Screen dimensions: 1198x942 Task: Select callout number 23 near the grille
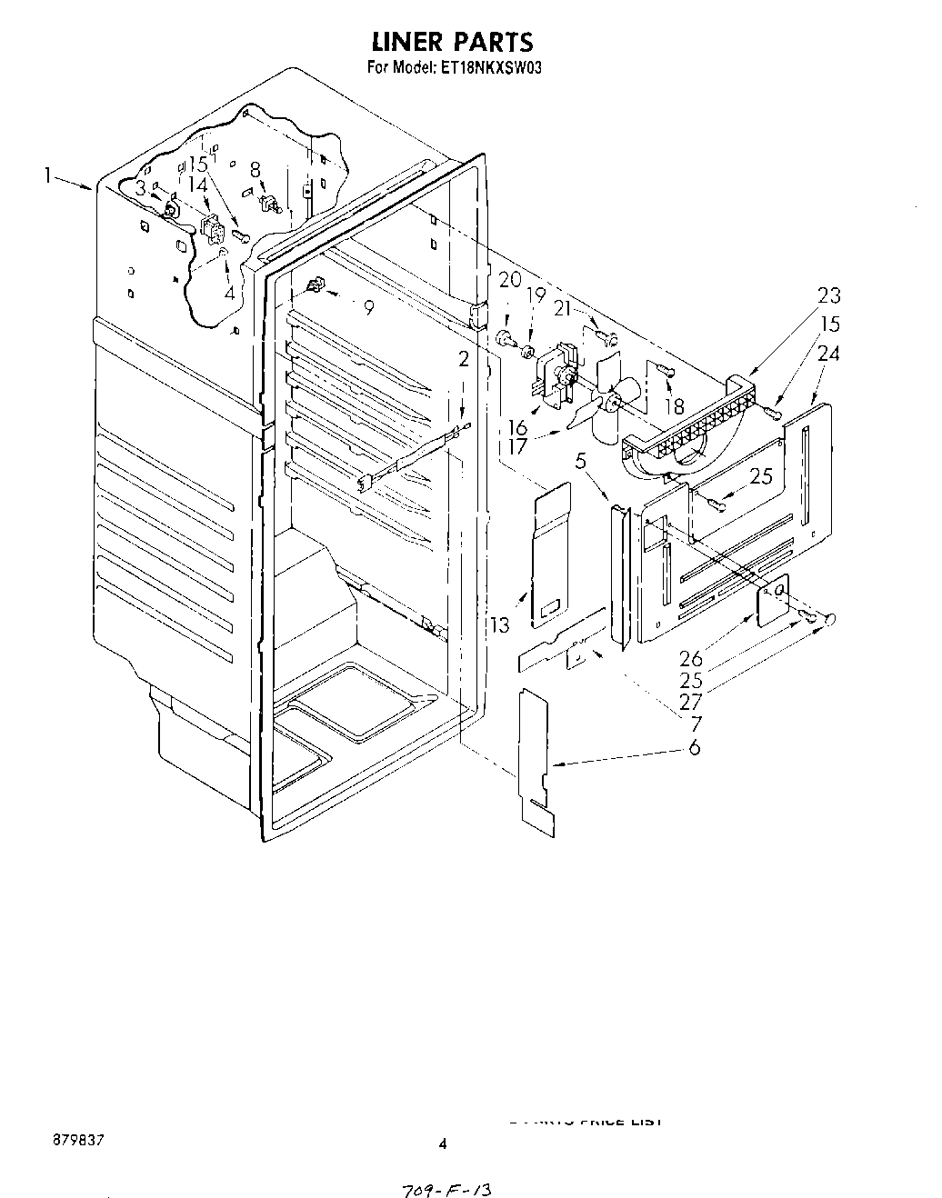tap(828, 295)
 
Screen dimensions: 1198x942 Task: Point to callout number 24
tap(828, 354)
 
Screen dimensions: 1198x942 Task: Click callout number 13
tap(500, 624)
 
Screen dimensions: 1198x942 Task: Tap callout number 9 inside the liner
tap(368, 308)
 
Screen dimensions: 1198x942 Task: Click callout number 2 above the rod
tap(464, 359)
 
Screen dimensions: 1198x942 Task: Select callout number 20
tap(510, 280)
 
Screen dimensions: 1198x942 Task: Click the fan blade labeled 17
tap(602, 400)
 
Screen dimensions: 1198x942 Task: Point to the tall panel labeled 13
tap(556, 554)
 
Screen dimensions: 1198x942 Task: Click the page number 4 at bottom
tap(443, 1143)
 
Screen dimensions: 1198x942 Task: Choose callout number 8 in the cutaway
tap(256, 168)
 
